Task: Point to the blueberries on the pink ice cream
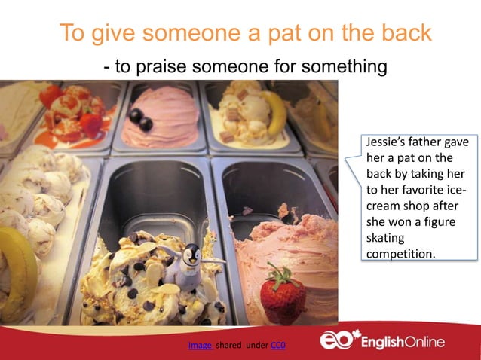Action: [x=140, y=119]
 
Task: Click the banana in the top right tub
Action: [x=276, y=112]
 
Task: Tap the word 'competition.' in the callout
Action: [x=400, y=254]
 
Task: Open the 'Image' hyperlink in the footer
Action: [x=200, y=346]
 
